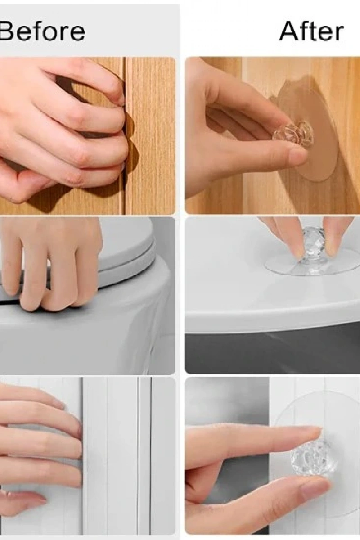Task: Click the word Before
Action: tap(42, 32)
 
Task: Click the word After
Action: tap(311, 31)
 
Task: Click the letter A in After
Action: tap(290, 31)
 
